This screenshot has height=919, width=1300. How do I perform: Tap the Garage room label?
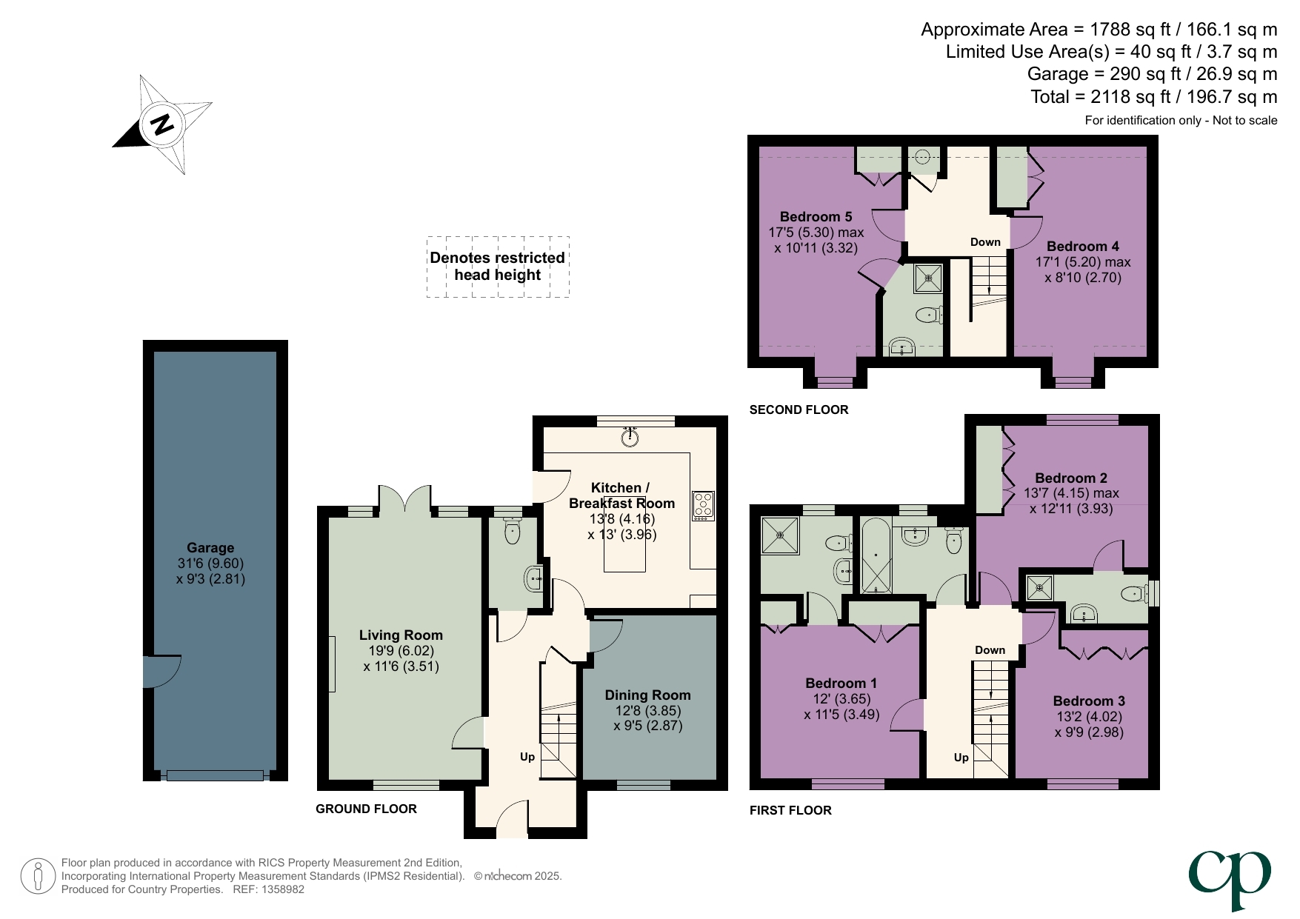210,548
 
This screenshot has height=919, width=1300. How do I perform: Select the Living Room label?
401,635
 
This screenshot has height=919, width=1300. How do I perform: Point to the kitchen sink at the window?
630,438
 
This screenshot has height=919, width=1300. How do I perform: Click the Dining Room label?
647,695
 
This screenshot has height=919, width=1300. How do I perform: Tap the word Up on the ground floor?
527,757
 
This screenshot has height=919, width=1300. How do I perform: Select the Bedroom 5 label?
816,217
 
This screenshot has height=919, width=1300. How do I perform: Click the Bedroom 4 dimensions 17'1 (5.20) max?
1082,262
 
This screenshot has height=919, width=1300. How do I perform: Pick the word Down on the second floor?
985,242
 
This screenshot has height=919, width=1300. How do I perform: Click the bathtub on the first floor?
876,555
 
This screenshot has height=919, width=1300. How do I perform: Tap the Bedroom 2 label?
1070,478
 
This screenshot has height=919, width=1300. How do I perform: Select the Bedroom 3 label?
1089,701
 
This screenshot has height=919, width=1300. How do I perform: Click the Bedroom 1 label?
841,684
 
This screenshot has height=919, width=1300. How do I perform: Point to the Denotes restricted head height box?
498,267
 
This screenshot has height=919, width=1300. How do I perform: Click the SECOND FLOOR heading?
799,410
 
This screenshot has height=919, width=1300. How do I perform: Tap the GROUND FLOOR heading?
366,809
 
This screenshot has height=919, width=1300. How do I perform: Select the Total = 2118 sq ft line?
1153,97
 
